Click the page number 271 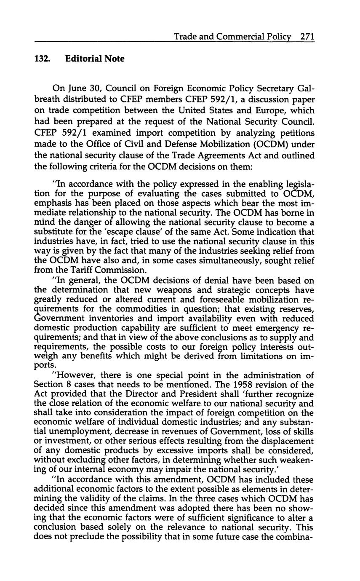click(307, 37)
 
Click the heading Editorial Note click(95, 59)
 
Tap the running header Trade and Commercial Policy click(234, 37)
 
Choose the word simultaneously click(208, 260)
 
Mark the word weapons click(164, 290)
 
